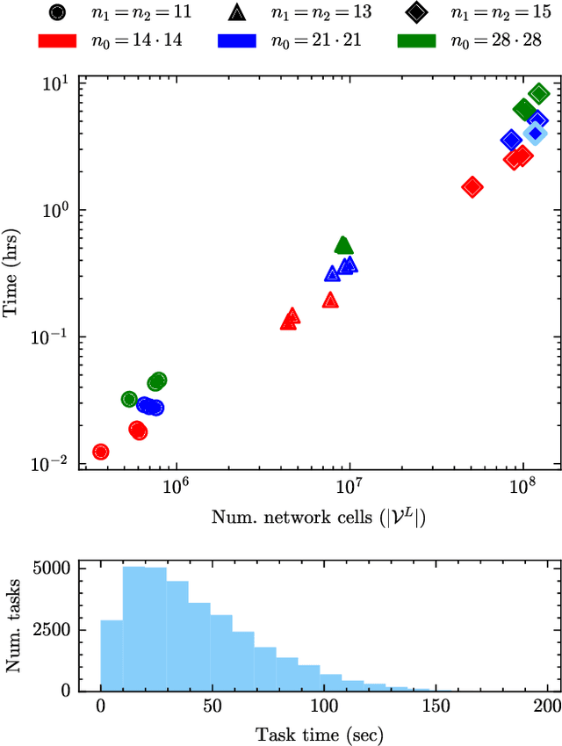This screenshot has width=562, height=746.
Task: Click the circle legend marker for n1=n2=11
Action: (x=57, y=13)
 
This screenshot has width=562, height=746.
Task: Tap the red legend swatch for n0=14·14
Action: (x=58, y=40)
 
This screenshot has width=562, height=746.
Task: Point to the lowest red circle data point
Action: (x=101, y=452)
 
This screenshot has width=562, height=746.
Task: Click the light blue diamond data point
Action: (x=535, y=134)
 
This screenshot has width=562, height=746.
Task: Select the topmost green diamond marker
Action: (x=538, y=94)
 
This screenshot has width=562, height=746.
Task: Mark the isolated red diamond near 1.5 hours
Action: (x=472, y=186)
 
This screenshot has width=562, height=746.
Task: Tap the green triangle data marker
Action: (x=344, y=245)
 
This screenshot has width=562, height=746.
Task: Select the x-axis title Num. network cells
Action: (x=318, y=517)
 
